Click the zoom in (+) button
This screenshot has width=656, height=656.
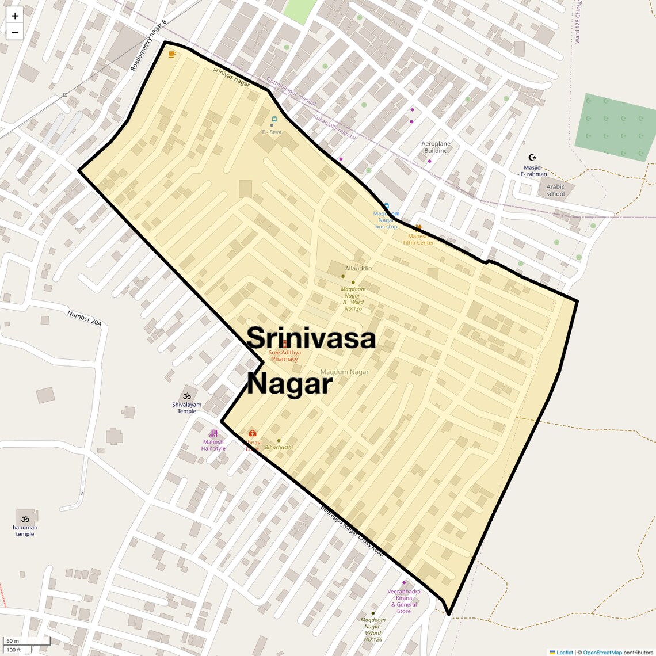click(x=15, y=16)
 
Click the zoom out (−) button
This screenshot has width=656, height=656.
click(x=15, y=32)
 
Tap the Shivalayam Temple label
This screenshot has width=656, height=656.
click(x=186, y=407)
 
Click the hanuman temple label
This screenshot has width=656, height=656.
click(x=25, y=531)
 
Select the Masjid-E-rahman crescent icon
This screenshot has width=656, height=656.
click(x=532, y=157)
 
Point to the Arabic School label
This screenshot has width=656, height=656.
click(x=555, y=190)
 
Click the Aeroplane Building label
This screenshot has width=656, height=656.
click(x=436, y=147)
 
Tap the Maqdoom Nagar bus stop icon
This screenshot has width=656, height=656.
click(x=386, y=206)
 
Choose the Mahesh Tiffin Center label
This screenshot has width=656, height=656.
click(x=418, y=239)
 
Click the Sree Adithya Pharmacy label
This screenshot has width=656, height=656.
click(x=285, y=356)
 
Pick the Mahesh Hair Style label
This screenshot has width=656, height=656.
click(x=213, y=445)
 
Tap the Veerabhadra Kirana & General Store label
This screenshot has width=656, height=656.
click(x=404, y=601)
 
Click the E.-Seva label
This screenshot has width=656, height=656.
click(x=272, y=132)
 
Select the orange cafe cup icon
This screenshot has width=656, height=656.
click(x=171, y=54)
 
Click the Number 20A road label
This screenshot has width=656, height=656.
click(x=84, y=318)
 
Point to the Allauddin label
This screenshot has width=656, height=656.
click(x=358, y=268)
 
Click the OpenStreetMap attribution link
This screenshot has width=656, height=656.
click(x=602, y=652)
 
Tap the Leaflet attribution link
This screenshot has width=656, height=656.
click(x=564, y=652)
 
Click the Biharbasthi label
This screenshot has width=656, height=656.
click(x=279, y=447)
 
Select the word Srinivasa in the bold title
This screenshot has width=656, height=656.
click(x=311, y=338)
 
